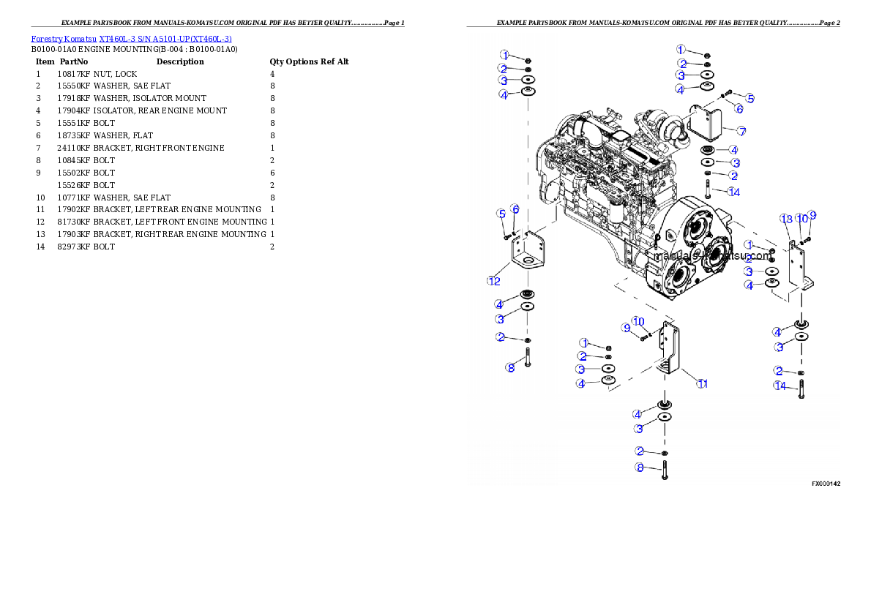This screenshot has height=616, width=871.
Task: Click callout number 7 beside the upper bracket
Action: pos(741,132)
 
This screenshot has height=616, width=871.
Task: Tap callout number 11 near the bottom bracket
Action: pos(702,383)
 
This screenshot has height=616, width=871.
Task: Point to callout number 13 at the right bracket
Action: pos(786,219)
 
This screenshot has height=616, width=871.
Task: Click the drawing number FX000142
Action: pos(826,484)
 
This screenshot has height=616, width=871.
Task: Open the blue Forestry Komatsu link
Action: pos(131,39)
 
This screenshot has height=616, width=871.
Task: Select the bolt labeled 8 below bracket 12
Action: pos(526,361)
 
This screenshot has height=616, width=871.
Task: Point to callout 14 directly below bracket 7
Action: pos(734,192)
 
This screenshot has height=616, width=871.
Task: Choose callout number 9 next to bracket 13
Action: pos(812,216)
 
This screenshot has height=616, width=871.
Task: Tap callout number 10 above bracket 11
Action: pos(639,321)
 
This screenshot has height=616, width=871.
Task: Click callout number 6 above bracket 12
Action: pos(515,209)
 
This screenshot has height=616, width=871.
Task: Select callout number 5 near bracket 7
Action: pos(749,97)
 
